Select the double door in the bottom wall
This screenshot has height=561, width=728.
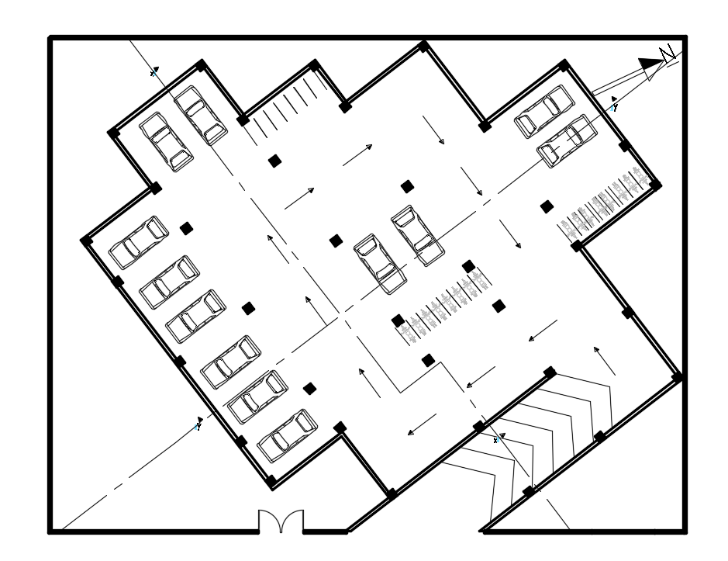(281, 521)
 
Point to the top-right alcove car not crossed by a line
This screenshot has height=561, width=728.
(544, 111)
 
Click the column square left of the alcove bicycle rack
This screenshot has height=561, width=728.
(547, 206)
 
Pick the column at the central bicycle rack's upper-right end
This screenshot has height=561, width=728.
(468, 266)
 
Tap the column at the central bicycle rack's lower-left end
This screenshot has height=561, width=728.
(398, 320)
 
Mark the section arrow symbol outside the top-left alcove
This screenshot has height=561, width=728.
(154, 72)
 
